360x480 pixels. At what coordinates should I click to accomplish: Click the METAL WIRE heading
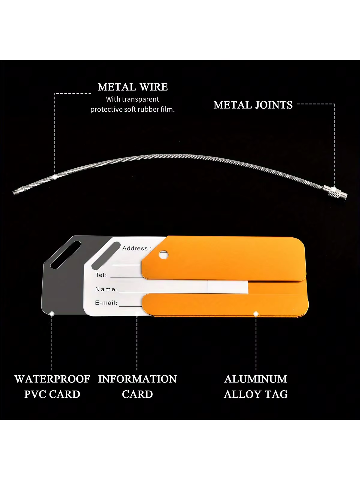[133, 87]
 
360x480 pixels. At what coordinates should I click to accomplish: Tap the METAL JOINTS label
[253, 105]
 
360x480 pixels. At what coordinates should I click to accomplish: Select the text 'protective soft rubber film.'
[133, 109]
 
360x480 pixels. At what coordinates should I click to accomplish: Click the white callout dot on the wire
[55, 176]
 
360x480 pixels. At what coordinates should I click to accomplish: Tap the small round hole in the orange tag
[163, 254]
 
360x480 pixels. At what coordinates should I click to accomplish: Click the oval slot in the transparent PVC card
[66, 255]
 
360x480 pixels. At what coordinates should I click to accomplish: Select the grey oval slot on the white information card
[106, 255]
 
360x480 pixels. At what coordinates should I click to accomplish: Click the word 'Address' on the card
[135, 248]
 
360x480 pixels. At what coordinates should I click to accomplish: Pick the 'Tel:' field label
[101, 275]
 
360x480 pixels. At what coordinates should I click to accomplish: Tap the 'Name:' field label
[106, 289]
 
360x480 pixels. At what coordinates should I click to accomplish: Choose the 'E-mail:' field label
[106, 303]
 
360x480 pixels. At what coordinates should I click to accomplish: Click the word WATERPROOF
[52, 379]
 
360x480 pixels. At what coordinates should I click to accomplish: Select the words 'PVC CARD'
[52, 394]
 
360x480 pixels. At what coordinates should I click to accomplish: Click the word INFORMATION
[137, 379]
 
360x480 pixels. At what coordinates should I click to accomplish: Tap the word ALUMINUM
[256, 379]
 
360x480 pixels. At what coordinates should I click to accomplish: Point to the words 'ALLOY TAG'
[256, 394]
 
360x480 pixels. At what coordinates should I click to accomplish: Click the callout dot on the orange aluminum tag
[256, 314]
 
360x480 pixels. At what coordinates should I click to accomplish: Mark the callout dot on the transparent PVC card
[52, 314]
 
